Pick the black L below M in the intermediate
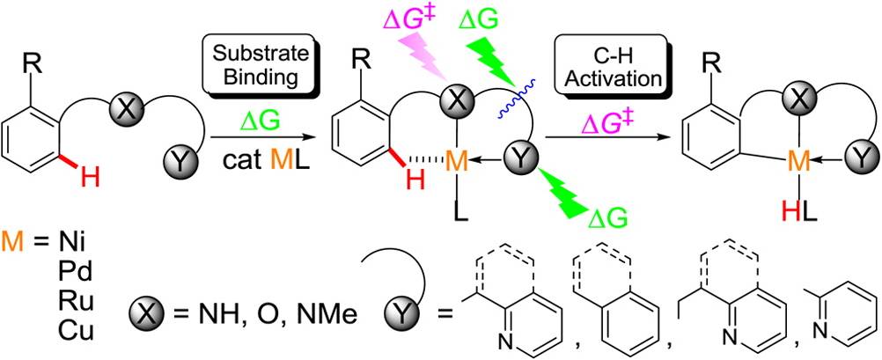click(455, 210)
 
